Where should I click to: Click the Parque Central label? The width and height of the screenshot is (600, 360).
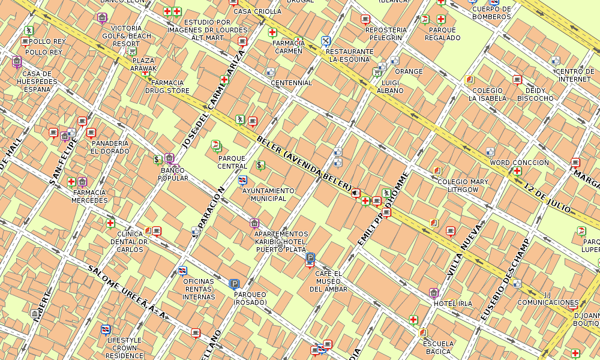coord(232,162)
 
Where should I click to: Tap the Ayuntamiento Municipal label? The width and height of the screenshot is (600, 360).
coord(268,194)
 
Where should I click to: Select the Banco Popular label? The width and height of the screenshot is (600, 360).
coord(173,174)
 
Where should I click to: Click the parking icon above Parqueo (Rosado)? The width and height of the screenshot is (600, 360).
coord(235,284)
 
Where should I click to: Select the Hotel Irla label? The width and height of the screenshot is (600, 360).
coord(453,304)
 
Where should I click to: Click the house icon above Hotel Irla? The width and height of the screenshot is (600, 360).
coord(434,293)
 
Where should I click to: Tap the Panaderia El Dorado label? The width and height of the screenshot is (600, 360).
coord(110,147)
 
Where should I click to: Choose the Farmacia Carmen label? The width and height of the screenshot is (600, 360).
coord(287,47)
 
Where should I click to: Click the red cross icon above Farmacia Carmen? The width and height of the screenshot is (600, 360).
coord(272,32)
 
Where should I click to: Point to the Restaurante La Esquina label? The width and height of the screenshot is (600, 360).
coord(349,55)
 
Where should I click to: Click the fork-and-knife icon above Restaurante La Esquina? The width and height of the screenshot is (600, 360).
coord(326,41)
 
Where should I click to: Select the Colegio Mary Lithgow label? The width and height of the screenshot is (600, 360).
coord(463,185)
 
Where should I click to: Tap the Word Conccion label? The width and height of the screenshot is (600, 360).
coord(519,163)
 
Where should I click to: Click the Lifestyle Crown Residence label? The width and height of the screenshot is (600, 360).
coord(124,347)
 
